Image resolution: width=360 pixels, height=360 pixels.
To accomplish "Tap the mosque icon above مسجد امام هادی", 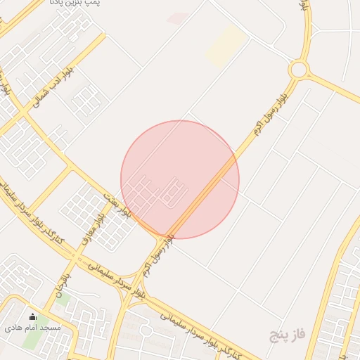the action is pos(32,317).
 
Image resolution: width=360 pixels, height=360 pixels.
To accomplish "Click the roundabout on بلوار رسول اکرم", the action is pos(299,69).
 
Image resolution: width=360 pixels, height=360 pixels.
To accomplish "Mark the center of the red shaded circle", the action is pos(180,179).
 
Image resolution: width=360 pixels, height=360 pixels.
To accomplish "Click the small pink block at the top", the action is pos(176,18).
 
